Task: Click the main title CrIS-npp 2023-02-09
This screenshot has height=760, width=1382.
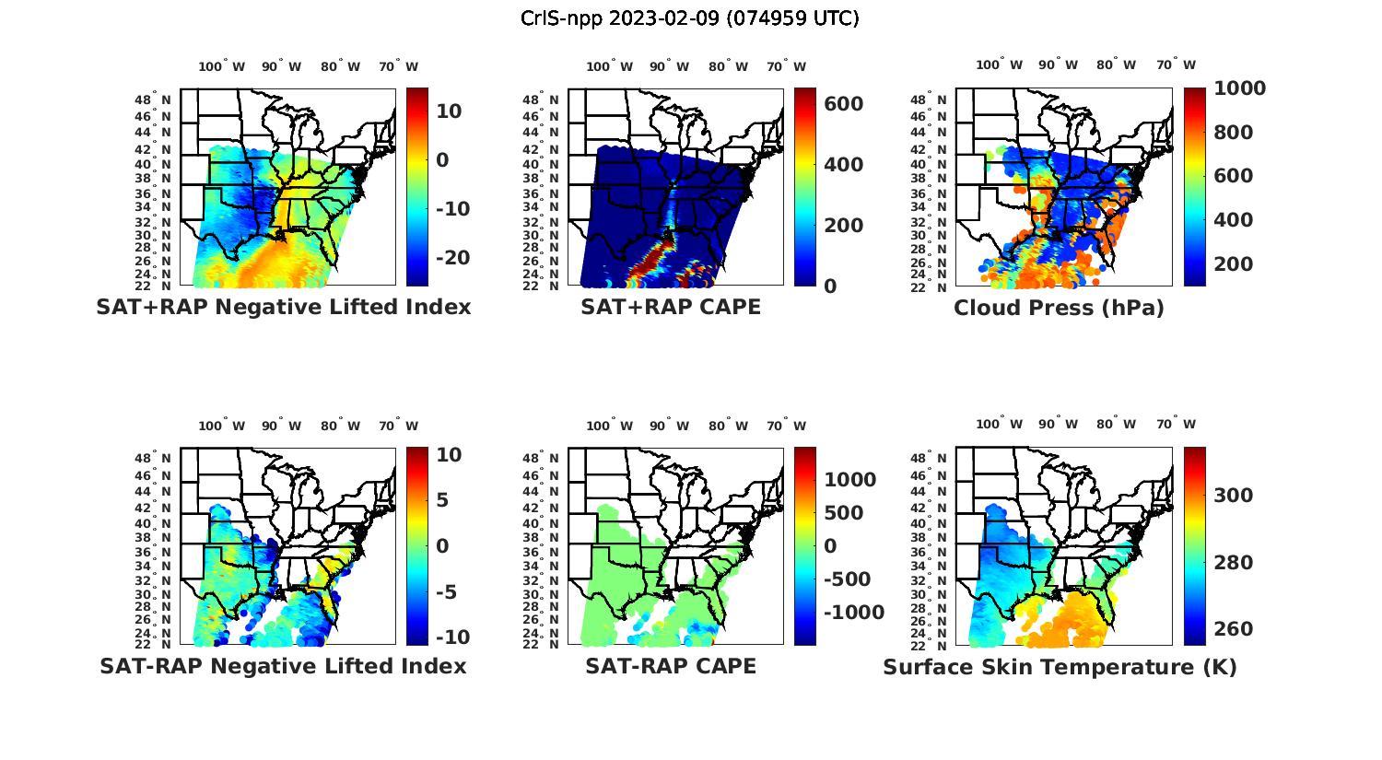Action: [x=689, y=18]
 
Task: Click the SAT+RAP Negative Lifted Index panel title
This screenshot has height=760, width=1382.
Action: [x=284, y=308]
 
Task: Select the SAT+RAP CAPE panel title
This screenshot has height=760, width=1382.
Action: [x=671, y=308]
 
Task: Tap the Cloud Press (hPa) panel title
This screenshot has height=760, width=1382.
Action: [x=1059, y=309]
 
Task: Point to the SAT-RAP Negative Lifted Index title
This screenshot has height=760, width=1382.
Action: [x=284, y=666]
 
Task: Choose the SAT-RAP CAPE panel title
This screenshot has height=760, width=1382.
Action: [x=671, y=666]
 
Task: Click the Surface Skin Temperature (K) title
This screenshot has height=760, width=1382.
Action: [x=1060, y=667]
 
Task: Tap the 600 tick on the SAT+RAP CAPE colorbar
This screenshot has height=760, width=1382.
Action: [x=844, y=104]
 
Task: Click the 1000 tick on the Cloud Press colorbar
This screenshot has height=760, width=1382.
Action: [x=1239, y=88]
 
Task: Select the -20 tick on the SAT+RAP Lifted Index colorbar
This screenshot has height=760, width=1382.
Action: [x=453, y=258]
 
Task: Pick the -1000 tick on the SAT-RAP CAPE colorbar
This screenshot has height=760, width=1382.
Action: [x=853, y=613]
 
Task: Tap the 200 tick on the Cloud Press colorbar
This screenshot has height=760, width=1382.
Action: [x=1234, y=264]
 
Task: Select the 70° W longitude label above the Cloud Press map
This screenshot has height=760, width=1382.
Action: [x=1177, y=65]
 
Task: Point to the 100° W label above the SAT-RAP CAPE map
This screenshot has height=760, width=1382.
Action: [x=610, y=426]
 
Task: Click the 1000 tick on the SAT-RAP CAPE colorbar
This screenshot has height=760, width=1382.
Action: [x=849, y=480]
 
